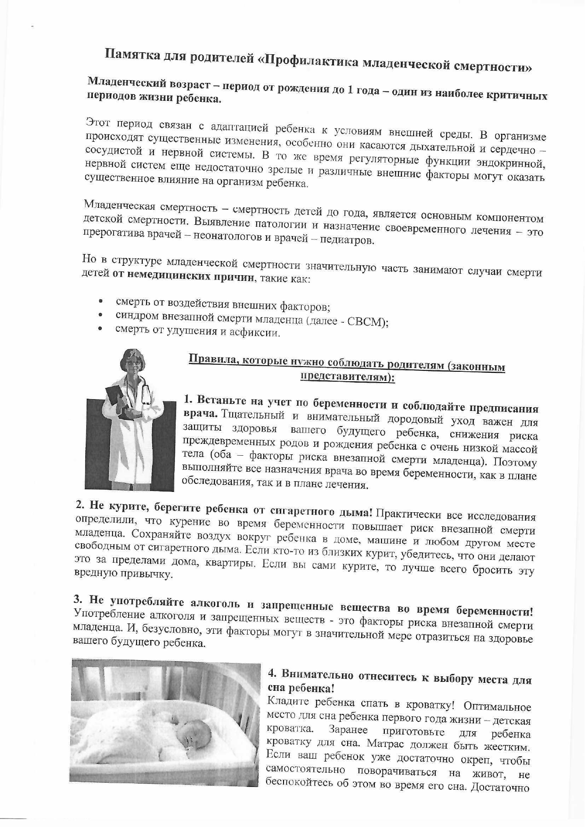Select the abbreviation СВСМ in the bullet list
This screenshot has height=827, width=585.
366,322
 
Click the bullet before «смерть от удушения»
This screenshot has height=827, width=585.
100,328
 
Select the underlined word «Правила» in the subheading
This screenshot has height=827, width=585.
209,360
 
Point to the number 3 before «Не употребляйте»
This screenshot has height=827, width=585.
78,599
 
